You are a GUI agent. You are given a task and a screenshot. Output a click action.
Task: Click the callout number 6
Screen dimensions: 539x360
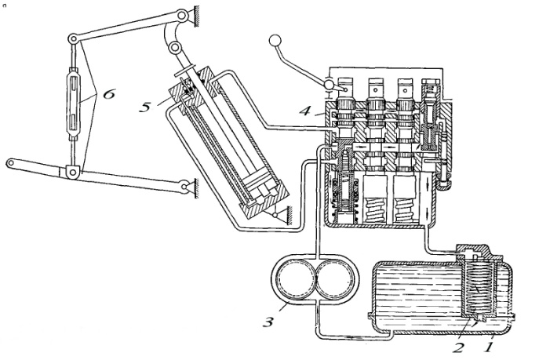pos(108,94)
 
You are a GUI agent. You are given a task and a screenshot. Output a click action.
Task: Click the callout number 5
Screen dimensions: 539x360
pos(145,107)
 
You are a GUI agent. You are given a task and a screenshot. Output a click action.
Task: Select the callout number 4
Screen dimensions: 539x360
pos(306,111)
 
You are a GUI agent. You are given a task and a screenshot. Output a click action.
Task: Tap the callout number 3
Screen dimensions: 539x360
pos(268,322)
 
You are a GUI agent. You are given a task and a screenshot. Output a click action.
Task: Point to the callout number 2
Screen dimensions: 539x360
pos(458,347)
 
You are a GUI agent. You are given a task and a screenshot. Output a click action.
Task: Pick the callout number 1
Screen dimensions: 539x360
pos(488,347)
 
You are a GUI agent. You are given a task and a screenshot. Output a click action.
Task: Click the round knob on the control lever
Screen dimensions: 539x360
pos(275,41)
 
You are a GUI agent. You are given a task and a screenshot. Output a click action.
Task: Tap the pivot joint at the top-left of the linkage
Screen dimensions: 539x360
pos(72,38)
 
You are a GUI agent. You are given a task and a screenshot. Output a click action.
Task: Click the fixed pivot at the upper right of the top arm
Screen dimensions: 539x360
pos(184,16)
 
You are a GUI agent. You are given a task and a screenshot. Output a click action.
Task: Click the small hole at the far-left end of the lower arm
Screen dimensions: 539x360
pos(11,162)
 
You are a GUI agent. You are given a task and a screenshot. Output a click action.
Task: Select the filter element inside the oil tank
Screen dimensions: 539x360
pos(479,289)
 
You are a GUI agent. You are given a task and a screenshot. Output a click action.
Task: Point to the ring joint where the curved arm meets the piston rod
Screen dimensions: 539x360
pos(175,47)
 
